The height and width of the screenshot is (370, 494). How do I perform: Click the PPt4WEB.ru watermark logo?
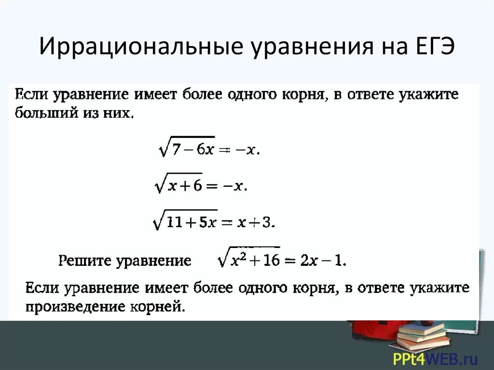[x=435, y=359]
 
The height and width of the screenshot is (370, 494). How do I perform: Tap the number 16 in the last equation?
[x=271, y=261]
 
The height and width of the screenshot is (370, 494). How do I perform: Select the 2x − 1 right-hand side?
[x=321, y=261]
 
